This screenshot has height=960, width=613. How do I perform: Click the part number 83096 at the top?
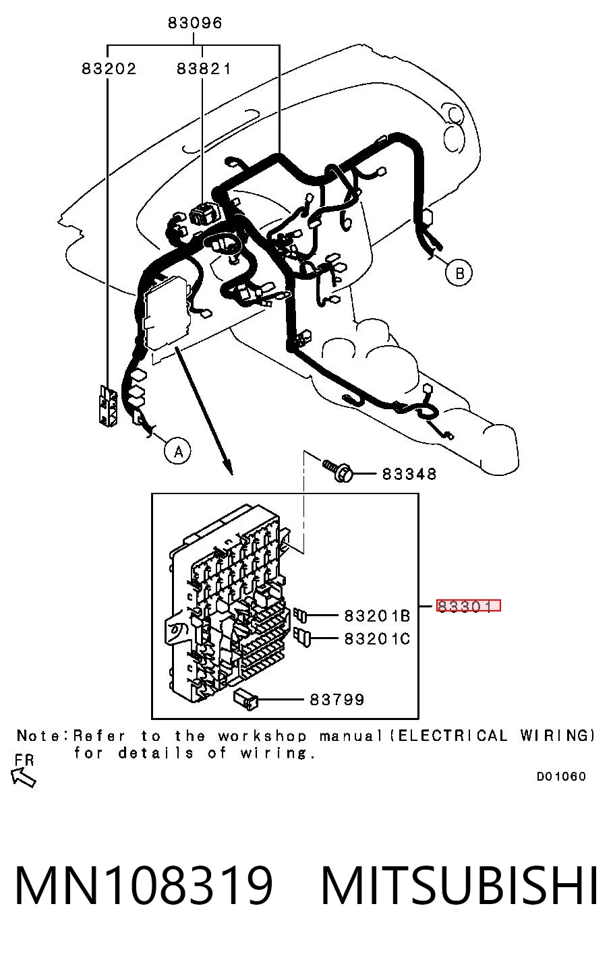coord(195,23)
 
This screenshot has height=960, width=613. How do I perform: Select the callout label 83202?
coord(109,69)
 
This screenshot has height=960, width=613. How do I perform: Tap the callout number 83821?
coord(204,69)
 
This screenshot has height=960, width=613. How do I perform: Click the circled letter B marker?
coord(459,273)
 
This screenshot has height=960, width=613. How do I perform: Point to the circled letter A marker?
coord(178,452)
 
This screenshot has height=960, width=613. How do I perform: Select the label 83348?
coord(409,475)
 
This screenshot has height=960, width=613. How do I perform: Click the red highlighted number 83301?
coord(469,605)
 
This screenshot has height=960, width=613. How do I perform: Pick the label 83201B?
coord(377,616)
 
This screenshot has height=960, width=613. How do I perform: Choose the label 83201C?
coord(377,639)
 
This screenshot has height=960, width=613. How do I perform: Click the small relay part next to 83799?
coord(246,698)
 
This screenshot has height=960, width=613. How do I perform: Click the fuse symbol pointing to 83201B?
coord(301,616)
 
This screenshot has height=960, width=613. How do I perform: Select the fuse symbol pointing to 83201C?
coord(303,638)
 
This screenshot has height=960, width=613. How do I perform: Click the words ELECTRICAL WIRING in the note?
coord(496,736)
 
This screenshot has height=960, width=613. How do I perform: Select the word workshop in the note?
coord(262,736)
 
